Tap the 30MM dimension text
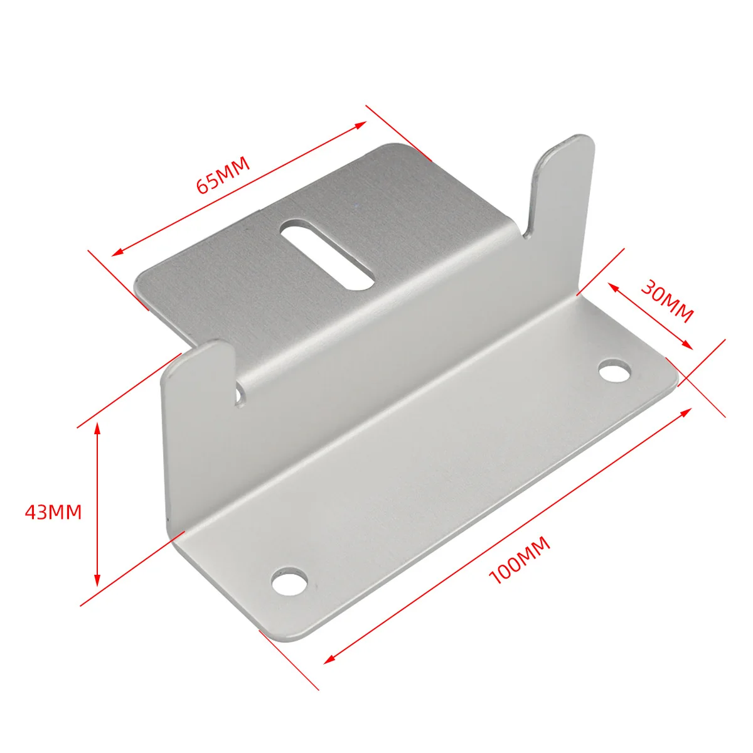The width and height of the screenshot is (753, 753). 666,300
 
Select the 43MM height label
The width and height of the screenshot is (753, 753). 53,512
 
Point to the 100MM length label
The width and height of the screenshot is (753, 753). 520,560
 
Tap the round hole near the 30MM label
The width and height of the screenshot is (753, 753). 614,371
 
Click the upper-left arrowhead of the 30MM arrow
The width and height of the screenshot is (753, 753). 612,286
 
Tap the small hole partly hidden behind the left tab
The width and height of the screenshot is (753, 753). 239,395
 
